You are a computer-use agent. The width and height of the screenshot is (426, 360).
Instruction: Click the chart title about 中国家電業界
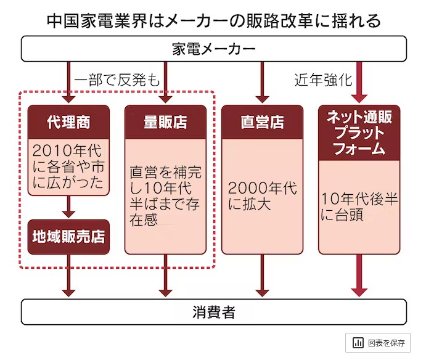click(x=213, y=20)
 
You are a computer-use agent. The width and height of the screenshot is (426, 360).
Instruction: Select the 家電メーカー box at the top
click(x=213, y=49)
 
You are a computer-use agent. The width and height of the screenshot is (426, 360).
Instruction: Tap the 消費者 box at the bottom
click(x=213, y=312)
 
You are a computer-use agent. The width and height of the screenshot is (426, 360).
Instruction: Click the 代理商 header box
click(x=68, y=122)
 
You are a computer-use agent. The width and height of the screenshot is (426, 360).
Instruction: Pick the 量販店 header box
click(x=165, y=122)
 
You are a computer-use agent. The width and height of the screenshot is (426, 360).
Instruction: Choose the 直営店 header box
click(x=262, y=122)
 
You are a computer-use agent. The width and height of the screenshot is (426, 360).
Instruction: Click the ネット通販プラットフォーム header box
click(x=359, y=132)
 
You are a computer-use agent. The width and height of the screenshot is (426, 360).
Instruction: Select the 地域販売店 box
click(x=68, y=237)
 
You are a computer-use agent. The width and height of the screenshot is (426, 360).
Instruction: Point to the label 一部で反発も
click(x=117, y=80)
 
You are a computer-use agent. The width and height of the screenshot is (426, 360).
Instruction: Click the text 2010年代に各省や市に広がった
click(x=68, y=166)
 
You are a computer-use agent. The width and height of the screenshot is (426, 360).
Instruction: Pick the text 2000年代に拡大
click(x=262, y=196)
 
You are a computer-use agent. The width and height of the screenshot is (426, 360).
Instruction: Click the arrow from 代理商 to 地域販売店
click(x=68, y=208)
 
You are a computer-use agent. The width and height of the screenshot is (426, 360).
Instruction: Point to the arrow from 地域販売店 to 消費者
click(x=68, y=276)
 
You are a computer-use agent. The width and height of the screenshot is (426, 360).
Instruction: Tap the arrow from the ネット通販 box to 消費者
click(x=359, y=276)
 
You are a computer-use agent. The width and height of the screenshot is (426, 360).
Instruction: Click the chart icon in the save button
click(x=358, y=343)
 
